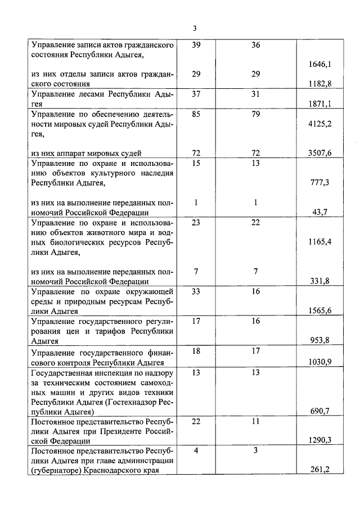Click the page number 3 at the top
pos(195,28)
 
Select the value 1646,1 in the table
pos(320,65)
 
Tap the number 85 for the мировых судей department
pos(196,113)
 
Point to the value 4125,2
pos(320,123)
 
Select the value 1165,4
pos(320,242)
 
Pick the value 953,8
pos(320,340)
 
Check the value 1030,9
pos(320,361)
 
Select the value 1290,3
pos(320,440)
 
